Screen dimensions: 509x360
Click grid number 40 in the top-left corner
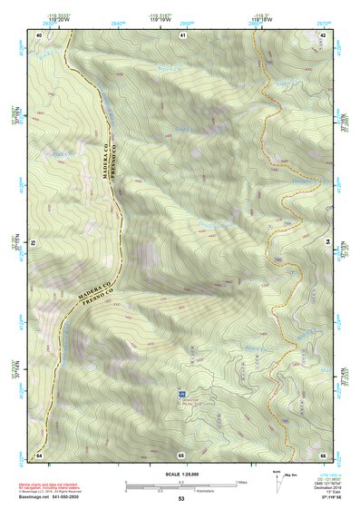click(39, 34)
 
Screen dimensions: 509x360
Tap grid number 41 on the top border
click(181, 34)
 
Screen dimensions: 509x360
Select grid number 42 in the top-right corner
click(323, 34)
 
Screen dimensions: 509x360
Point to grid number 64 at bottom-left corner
click(39, 454)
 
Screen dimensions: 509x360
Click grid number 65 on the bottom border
click(181, 454)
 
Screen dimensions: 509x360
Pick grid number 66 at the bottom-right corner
click(323, 454)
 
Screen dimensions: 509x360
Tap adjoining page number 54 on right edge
click(327, 243)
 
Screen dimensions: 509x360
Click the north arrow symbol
click(277, 481)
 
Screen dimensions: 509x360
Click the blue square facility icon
click(180, 395)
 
